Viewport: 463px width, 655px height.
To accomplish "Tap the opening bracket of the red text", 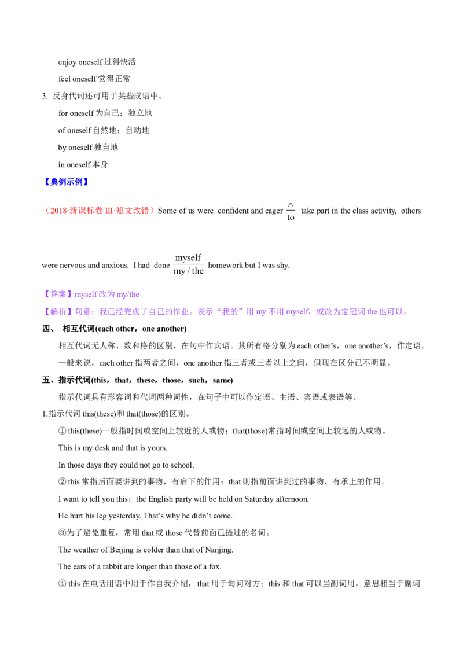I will point(47,211).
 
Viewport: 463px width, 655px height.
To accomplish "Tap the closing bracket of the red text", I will point(154,211).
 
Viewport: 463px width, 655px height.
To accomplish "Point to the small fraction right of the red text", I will point(291,212).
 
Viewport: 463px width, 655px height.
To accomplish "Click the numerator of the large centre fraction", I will point(189,256).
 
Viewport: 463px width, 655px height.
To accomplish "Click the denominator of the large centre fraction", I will point(189,270).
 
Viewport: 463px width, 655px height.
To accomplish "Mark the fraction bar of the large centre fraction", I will point(189,263).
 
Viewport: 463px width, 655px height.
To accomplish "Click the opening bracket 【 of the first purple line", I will point(46,295).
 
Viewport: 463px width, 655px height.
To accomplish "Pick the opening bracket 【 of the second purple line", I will point(46,312).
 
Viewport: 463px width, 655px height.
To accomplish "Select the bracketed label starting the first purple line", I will point(58,295).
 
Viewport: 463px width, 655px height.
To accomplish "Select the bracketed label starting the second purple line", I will point(58,312).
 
